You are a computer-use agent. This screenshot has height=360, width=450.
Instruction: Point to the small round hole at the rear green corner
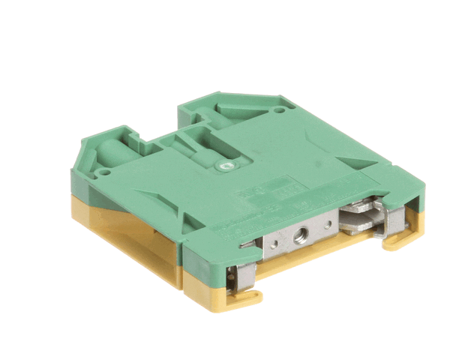[x=280, y=110]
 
